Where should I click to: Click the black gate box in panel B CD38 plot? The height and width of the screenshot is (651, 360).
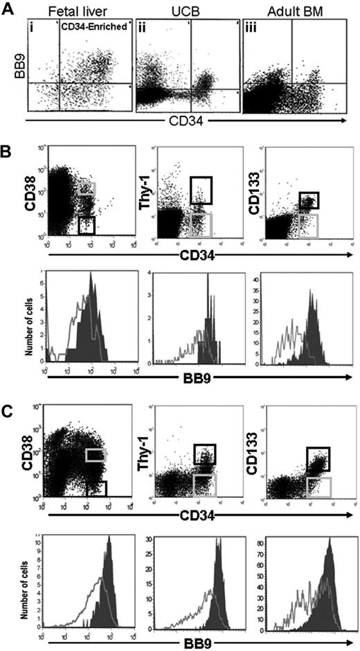(x=86, y=225)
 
